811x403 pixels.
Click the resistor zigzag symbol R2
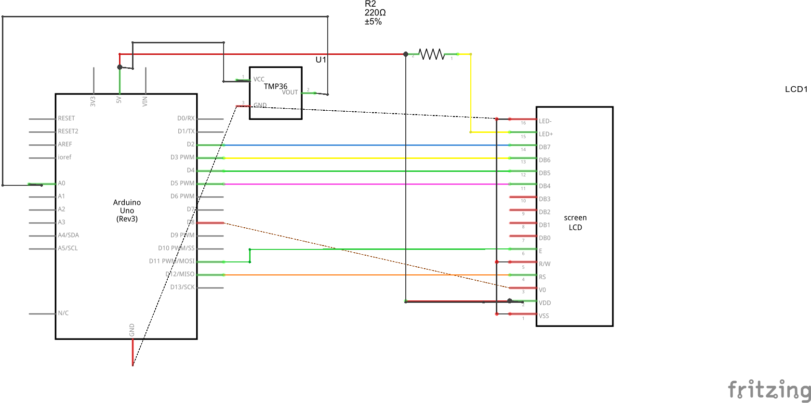[x=431, y=54]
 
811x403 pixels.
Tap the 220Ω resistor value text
[x=375, y=13]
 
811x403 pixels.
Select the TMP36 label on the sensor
[x=275, y=86]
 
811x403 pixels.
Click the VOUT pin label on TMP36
[x=290, y=92]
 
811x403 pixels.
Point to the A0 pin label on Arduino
[x=62, y=183]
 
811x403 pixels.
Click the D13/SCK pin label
[x=182, y=287]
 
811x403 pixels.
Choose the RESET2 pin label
[x=68, y=131]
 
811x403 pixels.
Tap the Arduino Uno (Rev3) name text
[x=127, y=211]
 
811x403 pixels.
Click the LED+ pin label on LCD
[x=545, y=134]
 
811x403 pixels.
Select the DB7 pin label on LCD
[x=545, y=147]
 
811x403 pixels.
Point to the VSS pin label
[x=544, y=316]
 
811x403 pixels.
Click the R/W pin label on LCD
[x=545, y=264]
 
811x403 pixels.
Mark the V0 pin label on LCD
[x=542, y=290]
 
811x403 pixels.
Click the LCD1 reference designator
[x=796, y=89]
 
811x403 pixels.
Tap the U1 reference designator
[x=321, y=60]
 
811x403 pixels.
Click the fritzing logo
[x=769, y=389]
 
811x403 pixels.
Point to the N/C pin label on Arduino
[x=63, y=313]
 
